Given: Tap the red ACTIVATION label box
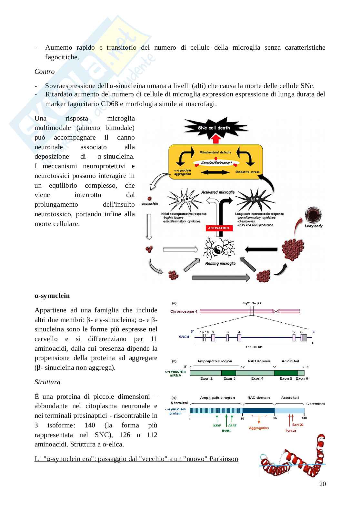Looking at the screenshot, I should [x=218, y=228].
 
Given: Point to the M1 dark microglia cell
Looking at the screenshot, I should [x=254, y=201].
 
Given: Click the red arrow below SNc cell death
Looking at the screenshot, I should [x=216, y=139].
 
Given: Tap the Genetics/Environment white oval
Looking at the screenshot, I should [x=216, y=162].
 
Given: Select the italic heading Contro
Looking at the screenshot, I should [x=45, y=72].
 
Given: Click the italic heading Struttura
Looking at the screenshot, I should [x=47, y=382].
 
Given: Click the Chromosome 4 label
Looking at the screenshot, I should [x=184, y=311].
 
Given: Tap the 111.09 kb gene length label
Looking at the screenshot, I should [x=254, y=347].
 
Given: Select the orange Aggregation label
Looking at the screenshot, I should [x=259, y=428].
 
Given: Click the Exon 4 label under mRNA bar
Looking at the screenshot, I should [x=257, y=378].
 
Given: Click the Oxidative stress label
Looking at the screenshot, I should [x=247, y=172].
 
